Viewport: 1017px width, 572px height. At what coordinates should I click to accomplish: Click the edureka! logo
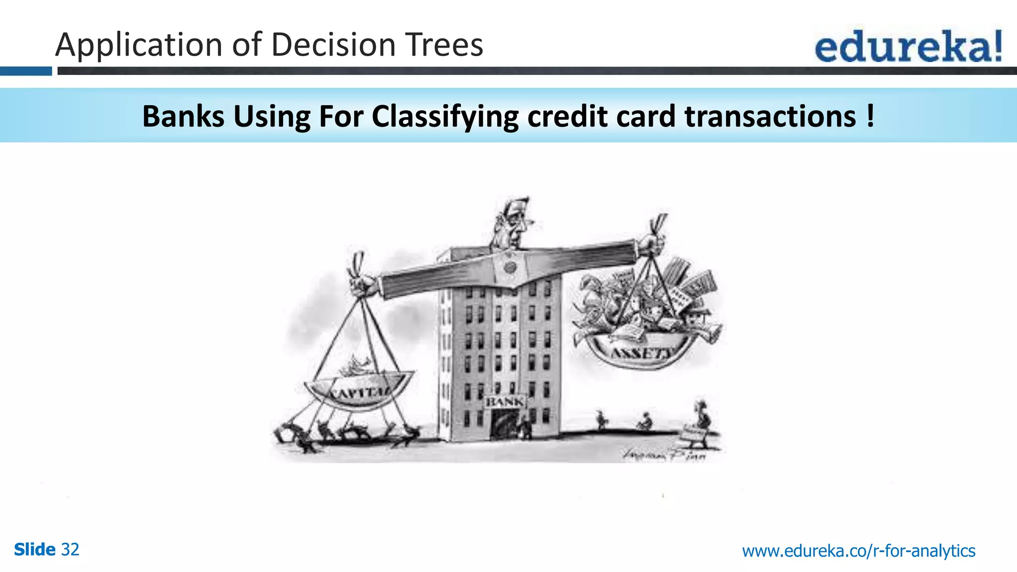pos(908,47)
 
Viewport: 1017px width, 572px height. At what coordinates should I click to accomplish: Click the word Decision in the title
pos(333,45)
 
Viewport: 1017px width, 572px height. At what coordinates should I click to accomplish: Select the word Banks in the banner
pos(183,116)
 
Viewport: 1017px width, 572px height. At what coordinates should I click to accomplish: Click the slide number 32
pos(70,550)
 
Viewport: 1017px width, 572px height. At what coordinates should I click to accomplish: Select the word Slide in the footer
pos(35,550)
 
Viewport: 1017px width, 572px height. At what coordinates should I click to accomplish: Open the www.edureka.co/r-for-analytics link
pos(859,551)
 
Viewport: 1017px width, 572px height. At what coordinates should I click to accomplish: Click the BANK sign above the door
pos(505,401)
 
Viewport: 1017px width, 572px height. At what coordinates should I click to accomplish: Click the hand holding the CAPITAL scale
pos(363,284)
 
